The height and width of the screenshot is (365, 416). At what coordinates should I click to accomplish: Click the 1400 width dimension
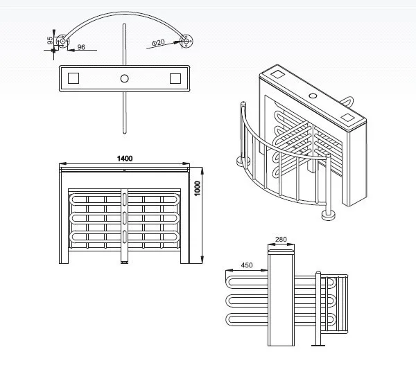point(124,159)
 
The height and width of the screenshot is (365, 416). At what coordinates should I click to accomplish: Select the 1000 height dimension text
point(197,188)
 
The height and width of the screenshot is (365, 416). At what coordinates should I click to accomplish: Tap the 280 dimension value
point(280,239)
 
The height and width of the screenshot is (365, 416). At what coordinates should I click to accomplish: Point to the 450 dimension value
point(246,264)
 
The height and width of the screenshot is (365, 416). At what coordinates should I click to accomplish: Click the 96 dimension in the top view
point(81,47)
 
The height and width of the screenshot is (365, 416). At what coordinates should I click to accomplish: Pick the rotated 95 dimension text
point(51,41)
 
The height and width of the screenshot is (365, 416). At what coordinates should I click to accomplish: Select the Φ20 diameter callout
point(157,43)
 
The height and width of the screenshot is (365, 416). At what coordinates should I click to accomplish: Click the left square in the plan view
point(74,78)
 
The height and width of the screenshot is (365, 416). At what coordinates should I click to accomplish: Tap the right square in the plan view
point(175,78)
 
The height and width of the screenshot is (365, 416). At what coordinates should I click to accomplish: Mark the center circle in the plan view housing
point(124,78)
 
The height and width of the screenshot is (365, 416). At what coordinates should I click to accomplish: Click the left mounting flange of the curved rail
point(62,41)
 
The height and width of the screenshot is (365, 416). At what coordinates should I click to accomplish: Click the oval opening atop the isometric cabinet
point(312,94)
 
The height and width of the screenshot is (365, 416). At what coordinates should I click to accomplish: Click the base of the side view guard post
point(318,345)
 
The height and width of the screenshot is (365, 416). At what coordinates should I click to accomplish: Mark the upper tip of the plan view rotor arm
point(124,26)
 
